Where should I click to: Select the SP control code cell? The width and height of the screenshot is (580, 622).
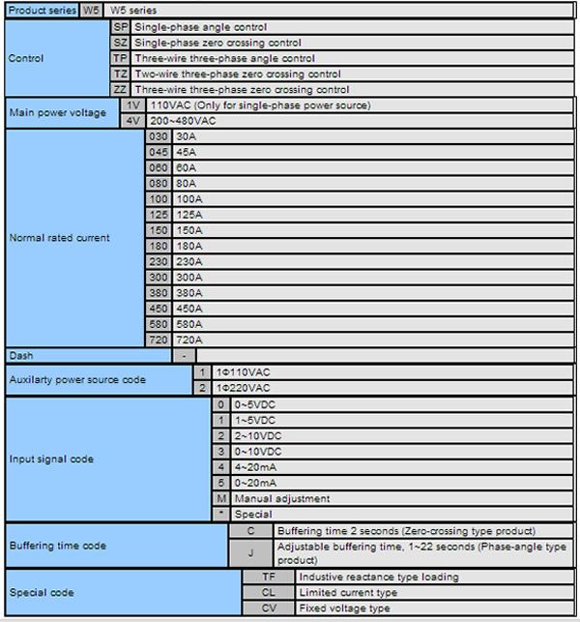coord(120,27)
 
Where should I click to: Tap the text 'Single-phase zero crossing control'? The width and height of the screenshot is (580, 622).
coord(217,43)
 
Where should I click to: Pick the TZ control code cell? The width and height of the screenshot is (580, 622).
coord(120,74)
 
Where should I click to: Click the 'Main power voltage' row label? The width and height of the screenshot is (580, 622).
coord(58,112)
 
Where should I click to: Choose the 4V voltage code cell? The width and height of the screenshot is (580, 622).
coord(133,120)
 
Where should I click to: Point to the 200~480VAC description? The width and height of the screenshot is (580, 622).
coord(184,120)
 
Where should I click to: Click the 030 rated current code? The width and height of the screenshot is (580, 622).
coord(159,136)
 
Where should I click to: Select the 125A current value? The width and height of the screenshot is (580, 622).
coord(190,214)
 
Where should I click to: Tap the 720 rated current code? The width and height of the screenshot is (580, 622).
coord(159,340)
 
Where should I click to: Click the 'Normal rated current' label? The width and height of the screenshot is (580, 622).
coord(59,238)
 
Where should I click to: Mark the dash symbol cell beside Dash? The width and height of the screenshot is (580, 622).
coord(184,355)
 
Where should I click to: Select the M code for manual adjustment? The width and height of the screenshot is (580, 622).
coord(221,498)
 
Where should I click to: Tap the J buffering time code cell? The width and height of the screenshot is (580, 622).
coord(251,553)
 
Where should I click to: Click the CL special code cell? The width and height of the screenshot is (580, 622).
coord(269,592)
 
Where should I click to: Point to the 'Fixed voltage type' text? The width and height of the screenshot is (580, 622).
coord(345,607)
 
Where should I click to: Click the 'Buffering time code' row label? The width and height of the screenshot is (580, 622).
coord(58,546)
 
